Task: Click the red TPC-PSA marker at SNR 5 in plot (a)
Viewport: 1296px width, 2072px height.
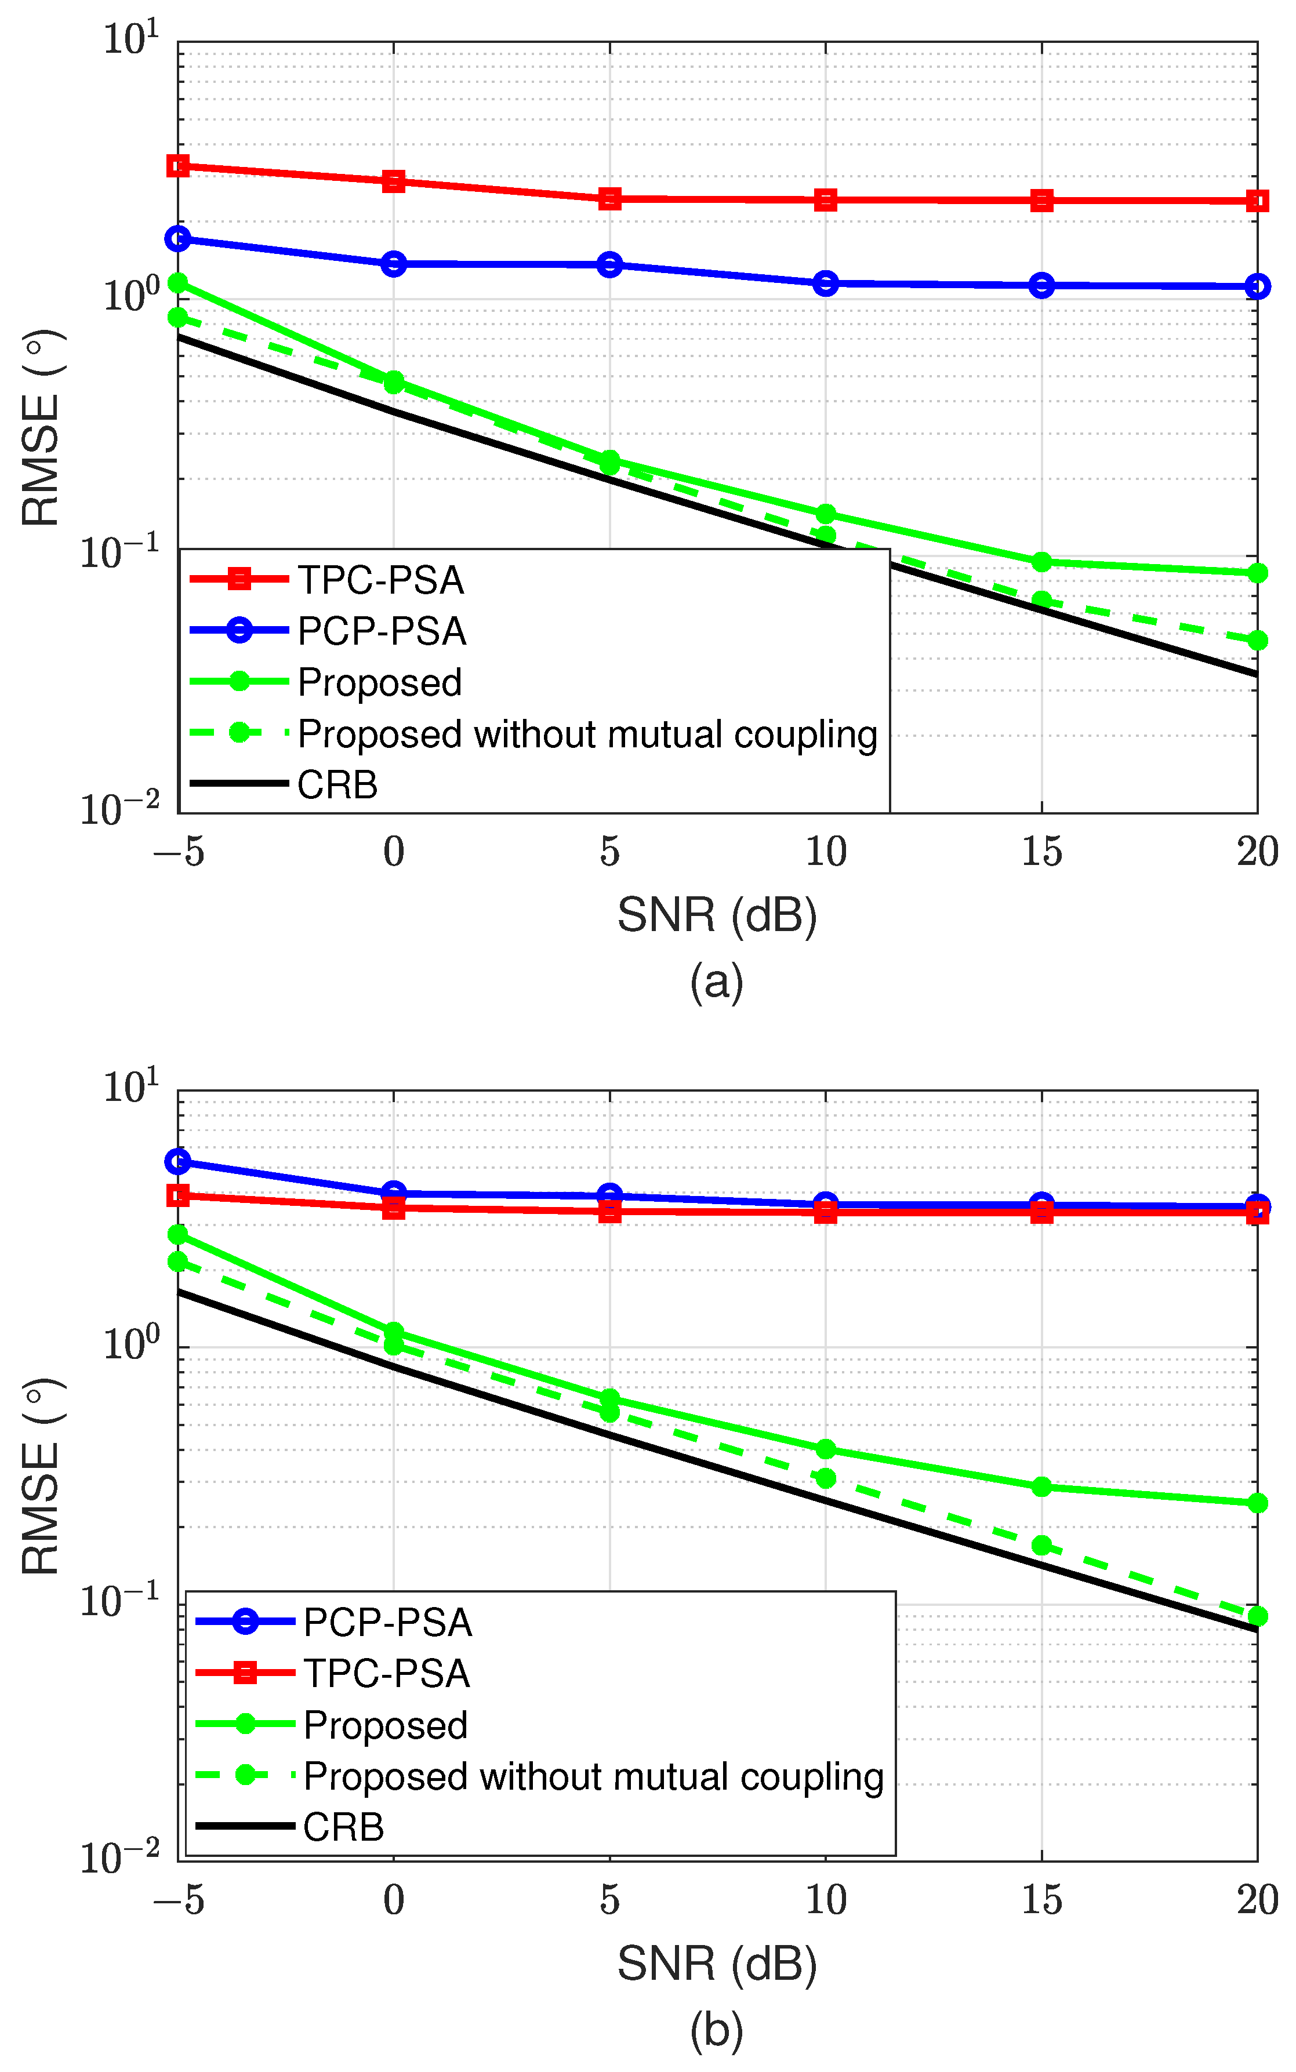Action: tap(609, 199)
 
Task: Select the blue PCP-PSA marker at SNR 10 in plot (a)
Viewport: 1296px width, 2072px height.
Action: tap(825, 283)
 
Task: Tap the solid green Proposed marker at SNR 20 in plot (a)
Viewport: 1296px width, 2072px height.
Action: tap(1257, 572)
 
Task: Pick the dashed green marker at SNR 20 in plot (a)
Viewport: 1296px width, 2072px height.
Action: tap(1257, 640)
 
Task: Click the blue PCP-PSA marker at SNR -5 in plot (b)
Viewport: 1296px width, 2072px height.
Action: tap(178, 1162)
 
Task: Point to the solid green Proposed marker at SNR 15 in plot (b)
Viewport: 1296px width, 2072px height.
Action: tap(1041, 1486)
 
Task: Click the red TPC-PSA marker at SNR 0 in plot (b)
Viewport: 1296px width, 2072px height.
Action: tap(393, 1208)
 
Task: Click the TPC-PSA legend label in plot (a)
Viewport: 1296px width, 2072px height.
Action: tap(380, 581)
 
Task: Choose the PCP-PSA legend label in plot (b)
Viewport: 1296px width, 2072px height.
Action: tap(387, 1623)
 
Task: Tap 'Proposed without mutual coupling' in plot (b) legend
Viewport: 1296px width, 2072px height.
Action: tap(593, 1776)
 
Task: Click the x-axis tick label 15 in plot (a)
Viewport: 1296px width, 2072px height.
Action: tap(1041, 852)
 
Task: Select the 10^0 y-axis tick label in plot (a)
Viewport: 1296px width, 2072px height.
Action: tap(131, 295)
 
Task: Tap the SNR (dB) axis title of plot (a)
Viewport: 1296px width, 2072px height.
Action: tap(717, 915)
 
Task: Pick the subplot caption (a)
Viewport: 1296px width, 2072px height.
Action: tap(717, 981)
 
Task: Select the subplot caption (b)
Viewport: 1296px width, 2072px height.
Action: tap(717, 2030)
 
